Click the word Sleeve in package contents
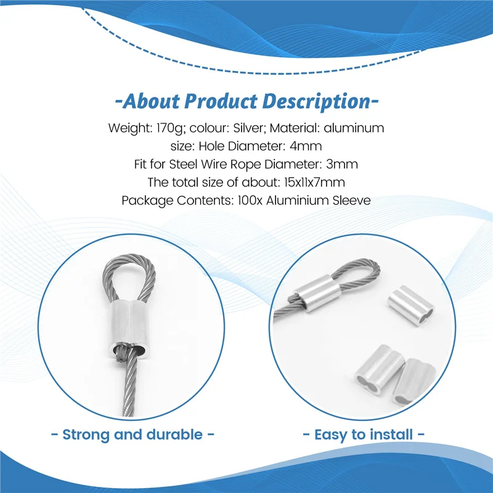tap(351, 200)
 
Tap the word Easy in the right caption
tap(330, 434)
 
